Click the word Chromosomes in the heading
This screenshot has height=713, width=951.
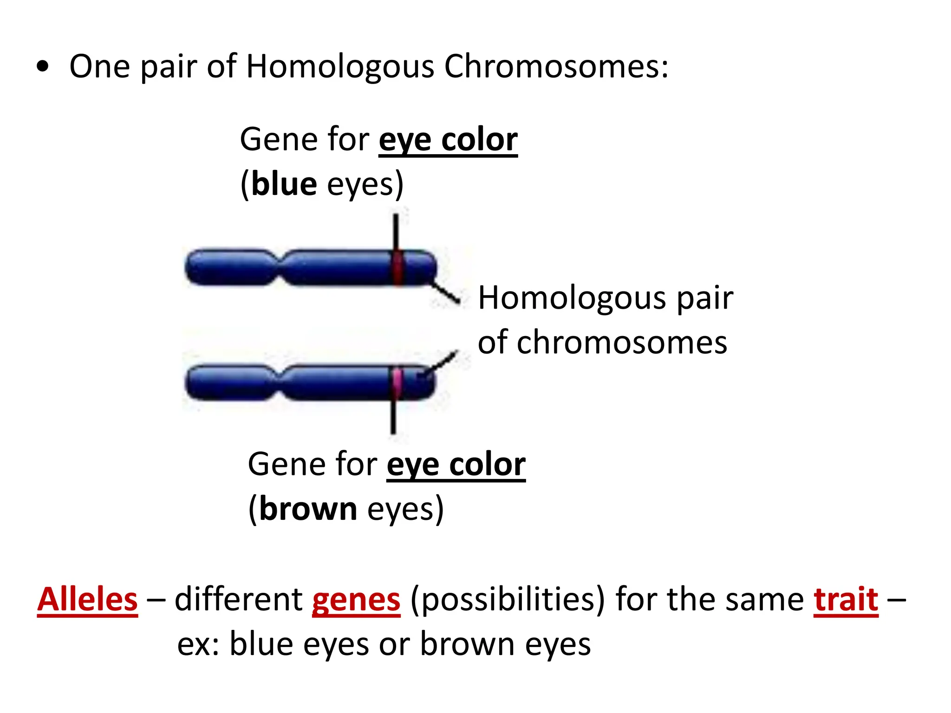pos(556,66)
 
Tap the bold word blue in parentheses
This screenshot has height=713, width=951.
pos(284,184)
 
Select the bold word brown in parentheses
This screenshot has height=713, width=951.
pos(308,509)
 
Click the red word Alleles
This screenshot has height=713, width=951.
pos(88,599)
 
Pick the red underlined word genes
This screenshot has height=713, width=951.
pos(356,599)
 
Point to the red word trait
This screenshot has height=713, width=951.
pos(846,599)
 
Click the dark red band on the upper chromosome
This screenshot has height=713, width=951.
pos(397,268)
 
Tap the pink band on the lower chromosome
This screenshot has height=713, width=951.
pos(396,382)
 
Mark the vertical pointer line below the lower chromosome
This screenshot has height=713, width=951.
pos(393,417)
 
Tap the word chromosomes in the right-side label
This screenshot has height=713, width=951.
pos(622,343)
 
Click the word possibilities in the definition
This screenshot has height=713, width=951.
pos(508,599)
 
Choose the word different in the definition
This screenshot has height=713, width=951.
pos(239,599)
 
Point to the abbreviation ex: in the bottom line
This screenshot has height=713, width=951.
pos(199,644)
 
